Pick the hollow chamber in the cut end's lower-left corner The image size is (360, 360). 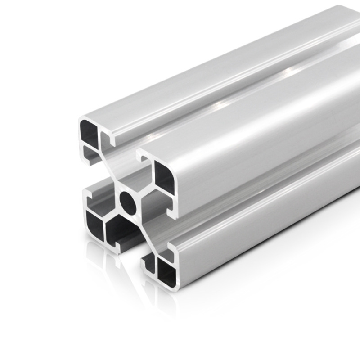93,223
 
